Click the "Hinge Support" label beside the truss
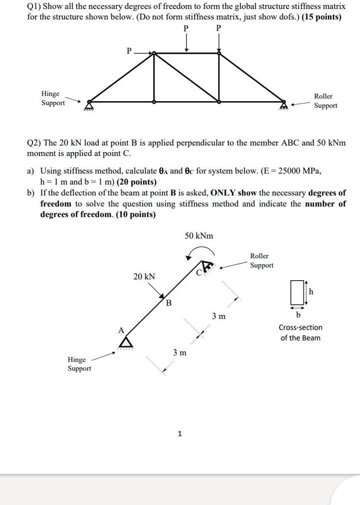[x=53, y=98]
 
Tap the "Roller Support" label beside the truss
[x=326, y=101]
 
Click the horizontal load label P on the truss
[x=130, y=51]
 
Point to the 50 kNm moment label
[x=198, y=236]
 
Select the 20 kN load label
[x=144, y=276]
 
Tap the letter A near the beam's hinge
[x=120, y=330]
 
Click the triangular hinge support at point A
[x=126, y=341]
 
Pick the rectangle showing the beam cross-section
[x=297, y=293]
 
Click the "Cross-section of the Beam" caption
[x=300, y=333]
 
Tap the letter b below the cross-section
[x=299, y=315]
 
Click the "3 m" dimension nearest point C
[x=218, y=316]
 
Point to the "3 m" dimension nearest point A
[x=180, y=352]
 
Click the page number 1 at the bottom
[x=180, y=434]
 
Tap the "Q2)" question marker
[x=35, y=143]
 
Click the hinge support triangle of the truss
[x=90, y=104]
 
